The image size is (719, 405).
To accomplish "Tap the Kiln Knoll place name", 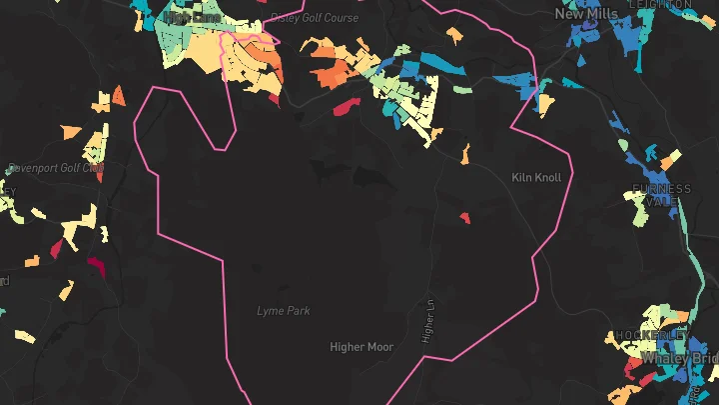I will click(536, 177).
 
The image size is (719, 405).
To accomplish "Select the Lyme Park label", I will click(284, 311).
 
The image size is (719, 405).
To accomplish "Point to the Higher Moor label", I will click(361, 347).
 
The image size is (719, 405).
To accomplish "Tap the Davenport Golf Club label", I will click(55, 168).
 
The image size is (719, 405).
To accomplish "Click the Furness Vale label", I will click(660, 195).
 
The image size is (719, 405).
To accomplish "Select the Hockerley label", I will click(651, 335).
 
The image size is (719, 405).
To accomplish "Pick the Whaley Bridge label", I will click(679, 357).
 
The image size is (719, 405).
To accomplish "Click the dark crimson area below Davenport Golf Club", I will click(97, 266).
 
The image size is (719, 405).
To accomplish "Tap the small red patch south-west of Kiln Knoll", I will click(464, 217).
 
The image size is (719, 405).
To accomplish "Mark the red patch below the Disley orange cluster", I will click(345, 106).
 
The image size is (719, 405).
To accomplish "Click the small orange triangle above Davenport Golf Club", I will click(119, 96).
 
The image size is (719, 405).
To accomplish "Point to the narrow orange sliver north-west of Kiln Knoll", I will click(465, 153).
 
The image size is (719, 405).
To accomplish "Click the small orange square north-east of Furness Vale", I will click(670, 158).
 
